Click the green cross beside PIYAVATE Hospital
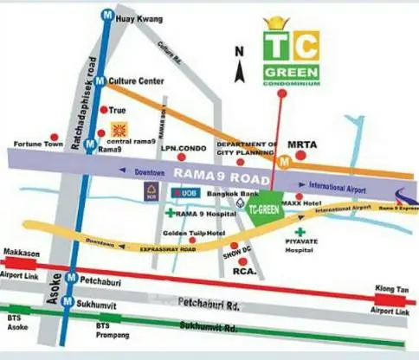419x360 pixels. [300, 233]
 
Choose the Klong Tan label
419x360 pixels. [388, 291]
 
